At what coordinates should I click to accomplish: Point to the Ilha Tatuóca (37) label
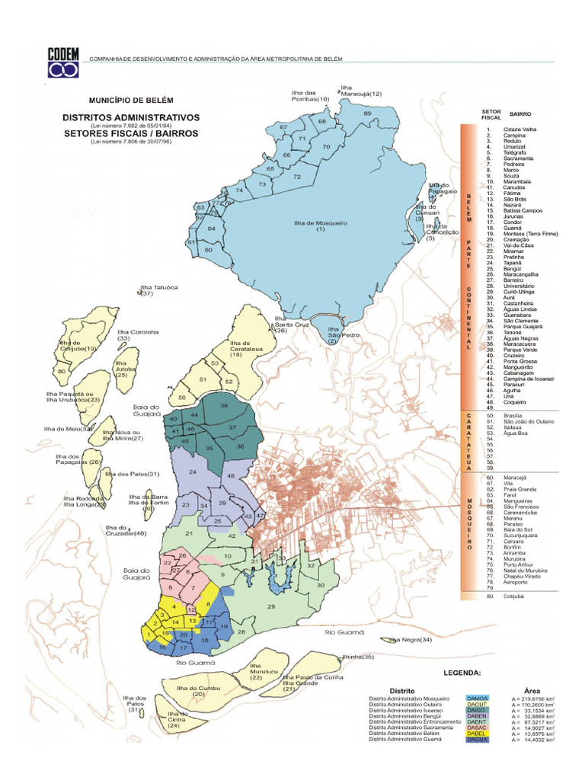[148, 290]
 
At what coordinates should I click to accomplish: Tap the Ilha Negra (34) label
[411, 640]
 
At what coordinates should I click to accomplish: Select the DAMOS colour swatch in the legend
[478, 698]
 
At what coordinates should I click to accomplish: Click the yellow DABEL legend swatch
[478, 734]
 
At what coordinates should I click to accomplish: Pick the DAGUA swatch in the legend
[478, 740]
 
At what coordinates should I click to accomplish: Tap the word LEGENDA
[462, 673]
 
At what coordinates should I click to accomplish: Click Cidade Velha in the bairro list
[519, 129]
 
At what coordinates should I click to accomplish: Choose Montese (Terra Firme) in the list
[531, 234]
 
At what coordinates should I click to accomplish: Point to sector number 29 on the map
[270, 606]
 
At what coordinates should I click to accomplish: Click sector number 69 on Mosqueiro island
[367, 113]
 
